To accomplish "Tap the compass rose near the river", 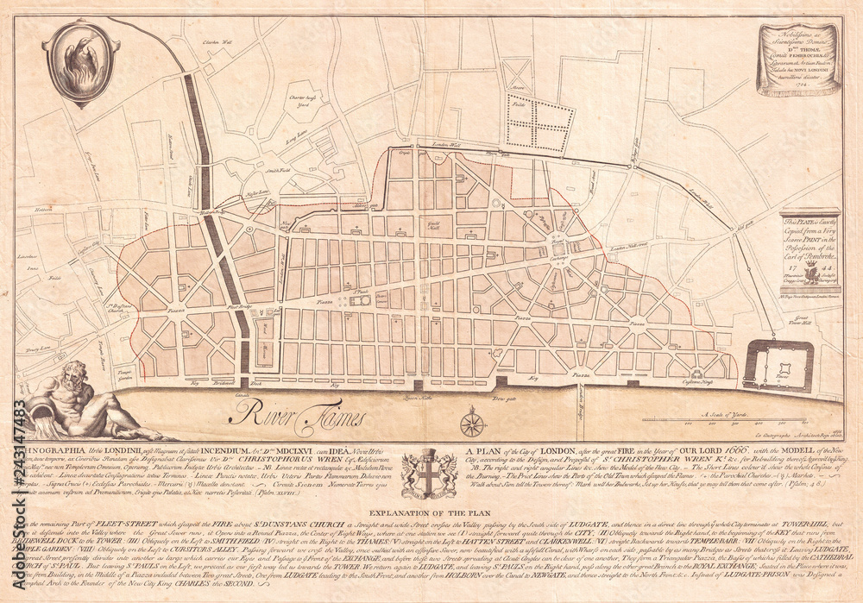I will click(473, 424).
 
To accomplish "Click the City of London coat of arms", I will click(429, 472).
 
